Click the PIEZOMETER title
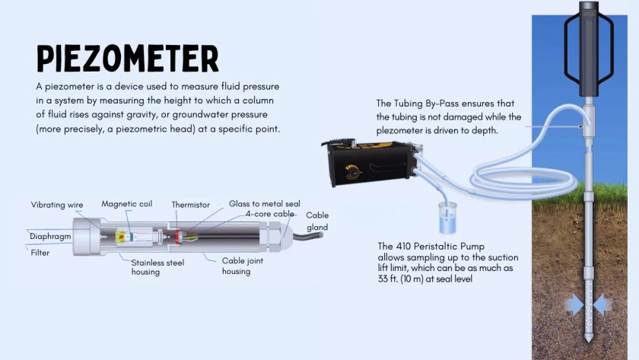pos(128,59)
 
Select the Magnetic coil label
pos(126,204)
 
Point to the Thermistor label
pos(190,205)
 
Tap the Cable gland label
pos(317,221)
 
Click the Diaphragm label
pos(51,236)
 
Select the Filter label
pos(40,253)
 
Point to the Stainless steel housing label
pos(156,266)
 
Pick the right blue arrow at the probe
pos(602,306)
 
